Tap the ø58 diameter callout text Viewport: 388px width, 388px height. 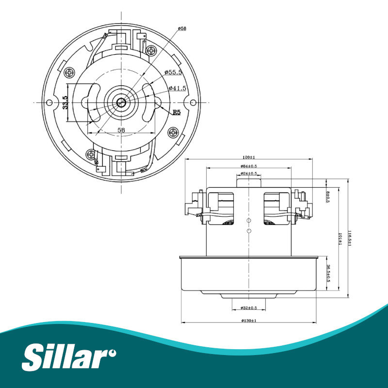pos(182,29)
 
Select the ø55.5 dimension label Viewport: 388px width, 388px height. pos(173,72)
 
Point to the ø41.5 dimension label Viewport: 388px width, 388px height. pos(177,88)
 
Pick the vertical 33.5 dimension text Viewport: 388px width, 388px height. pos(65,102)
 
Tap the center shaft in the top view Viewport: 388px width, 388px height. pos(120,102)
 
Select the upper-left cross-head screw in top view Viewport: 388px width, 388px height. pos(71,73)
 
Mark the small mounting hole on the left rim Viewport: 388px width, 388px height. pos(48,102)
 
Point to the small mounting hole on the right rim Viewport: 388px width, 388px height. pos(193,102)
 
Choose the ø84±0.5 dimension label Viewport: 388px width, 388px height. pos(248,166)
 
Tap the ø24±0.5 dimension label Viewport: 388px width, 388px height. pos(248,173)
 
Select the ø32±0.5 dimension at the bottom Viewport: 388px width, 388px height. pos(248,308)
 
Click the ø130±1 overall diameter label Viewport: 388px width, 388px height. pos(248,321)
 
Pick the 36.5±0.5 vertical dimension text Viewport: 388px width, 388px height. pos(328,274)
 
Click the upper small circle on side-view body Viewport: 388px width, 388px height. pos(248,221)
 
